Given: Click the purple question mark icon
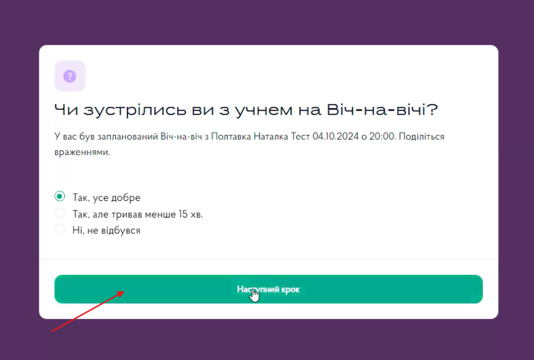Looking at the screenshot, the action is [x=70, y=76].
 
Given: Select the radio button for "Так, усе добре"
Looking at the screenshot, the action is [x=60, y=196].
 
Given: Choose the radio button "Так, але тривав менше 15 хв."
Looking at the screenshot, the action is [x=60, y=214].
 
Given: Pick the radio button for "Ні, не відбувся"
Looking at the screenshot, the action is [x=60, y=230].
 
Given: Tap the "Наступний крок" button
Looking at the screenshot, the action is [x=268, y=289].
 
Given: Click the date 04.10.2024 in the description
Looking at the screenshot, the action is [x=335, y=137].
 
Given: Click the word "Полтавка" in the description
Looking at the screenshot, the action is [x=231, y=137].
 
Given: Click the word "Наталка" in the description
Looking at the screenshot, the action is [x=270, y=137].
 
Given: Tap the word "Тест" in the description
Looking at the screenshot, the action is [x=300, y=137].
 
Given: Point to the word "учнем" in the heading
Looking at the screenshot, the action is [x=264, y=110].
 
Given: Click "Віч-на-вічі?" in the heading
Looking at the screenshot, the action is [x=382, y=109].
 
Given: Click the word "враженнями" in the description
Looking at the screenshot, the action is [x=82, y=152].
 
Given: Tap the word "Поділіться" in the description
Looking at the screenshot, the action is [x=422, y=137].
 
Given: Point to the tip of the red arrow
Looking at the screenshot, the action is [x=124, y=291].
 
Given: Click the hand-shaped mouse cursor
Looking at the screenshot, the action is [x=254, y=295].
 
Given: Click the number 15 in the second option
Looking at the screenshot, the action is [x=183, y=214].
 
